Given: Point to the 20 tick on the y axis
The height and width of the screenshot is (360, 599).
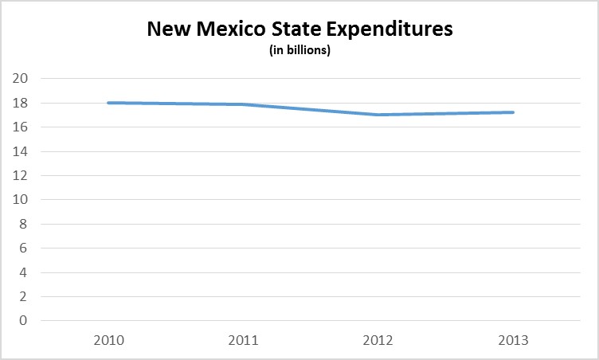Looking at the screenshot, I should (x=20, y=78).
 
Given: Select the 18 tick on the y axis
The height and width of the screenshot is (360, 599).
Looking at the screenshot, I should (x=20, y=103).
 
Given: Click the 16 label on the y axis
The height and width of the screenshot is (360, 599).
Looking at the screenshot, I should (x=20, y=127).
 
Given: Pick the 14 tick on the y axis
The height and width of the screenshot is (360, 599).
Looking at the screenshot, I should (x=20, y=151).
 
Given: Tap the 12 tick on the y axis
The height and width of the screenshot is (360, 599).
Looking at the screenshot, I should (x=20, y=175).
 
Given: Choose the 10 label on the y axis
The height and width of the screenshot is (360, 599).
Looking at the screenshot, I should (x=20, y=200).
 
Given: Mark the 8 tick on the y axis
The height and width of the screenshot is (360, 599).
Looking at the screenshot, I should (x=23, y=224).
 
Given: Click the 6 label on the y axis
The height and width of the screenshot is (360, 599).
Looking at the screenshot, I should (x=23, y=248).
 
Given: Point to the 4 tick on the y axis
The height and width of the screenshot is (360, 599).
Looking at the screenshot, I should (x=23, y=272).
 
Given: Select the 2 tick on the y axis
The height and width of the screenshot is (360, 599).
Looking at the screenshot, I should (x=23, y=297).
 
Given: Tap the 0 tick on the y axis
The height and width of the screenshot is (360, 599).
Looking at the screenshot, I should (x=23, y=321).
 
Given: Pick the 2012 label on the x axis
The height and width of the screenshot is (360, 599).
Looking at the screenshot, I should (x=377, y=340).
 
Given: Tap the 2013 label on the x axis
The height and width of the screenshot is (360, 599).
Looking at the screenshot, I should (x=513, y=340).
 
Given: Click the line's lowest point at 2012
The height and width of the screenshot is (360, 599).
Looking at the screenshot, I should (x=377, y=115).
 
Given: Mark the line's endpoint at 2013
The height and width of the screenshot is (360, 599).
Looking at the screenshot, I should (x=513, y=112).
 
